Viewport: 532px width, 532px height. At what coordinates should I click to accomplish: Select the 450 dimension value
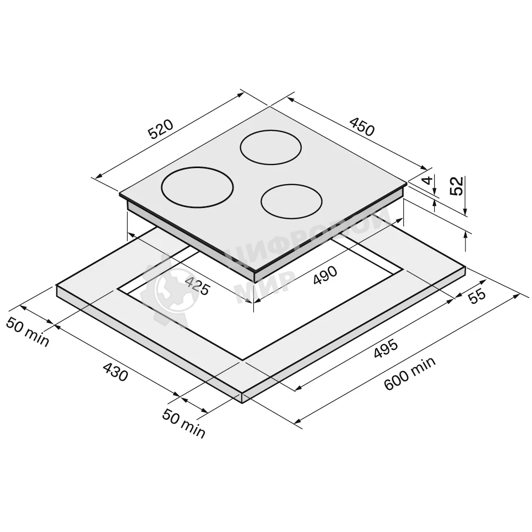click(x=362, y=126)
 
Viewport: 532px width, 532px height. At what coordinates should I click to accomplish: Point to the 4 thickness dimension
click(x=429, y=180)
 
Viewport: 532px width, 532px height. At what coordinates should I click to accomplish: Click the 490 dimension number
click(x=325, y=275)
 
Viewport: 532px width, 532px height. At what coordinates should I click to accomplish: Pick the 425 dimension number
click(x=198, y=285)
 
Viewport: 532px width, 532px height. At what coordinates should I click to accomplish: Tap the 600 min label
click(x=410, y=373)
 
